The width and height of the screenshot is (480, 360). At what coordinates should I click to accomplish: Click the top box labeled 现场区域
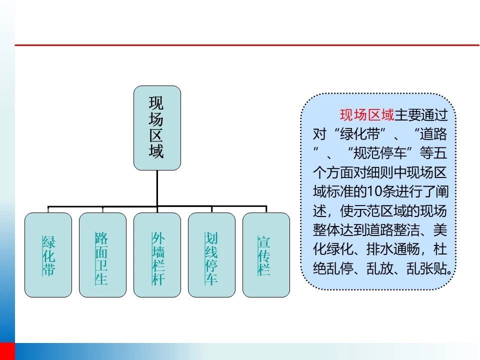tap(157, 128)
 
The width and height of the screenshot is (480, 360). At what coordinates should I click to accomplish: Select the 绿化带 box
tap(48, 255)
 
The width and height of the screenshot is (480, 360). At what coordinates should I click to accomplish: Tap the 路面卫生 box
tap(102, 255)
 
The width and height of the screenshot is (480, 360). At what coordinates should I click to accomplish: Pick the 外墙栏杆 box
tap(157, 255)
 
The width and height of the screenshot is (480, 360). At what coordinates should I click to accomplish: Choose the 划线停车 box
tap(211, 255)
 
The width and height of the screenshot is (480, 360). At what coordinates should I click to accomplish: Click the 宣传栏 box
tap(266, 255)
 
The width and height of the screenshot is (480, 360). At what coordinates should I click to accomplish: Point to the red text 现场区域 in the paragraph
tap(366, 115)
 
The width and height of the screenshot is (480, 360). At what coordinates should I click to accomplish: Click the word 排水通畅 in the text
tap(393, 249)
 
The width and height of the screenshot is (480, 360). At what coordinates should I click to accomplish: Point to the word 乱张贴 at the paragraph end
tap(426, 268)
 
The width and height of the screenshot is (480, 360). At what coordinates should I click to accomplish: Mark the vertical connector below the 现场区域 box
tap(157, 188)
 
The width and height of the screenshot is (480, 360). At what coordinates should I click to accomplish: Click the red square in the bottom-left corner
tap(7, 351)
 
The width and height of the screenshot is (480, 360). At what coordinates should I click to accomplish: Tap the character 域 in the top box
tap(156, 151)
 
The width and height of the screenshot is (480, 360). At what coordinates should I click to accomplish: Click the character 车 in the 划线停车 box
tap(211, 278)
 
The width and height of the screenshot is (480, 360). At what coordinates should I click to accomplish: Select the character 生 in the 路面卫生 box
tap(101, 278)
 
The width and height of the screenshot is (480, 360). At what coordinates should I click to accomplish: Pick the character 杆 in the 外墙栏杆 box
tap(158, 278)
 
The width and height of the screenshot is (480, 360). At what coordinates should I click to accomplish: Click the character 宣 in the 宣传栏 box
tap(263, 242)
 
